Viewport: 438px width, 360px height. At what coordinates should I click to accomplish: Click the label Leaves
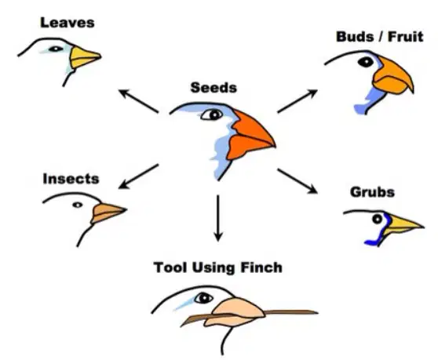[68, 23]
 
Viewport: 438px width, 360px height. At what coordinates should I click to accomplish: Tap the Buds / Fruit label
[380, 37]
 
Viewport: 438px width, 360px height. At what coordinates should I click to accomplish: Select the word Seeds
[214, 87]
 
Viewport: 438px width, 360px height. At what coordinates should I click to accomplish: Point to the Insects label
[71, 179]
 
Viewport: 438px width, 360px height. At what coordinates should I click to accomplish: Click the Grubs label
[372, 192]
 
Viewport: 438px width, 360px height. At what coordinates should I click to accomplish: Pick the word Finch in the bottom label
[261, 267]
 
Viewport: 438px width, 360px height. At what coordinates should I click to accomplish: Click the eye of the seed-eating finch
[211, 115]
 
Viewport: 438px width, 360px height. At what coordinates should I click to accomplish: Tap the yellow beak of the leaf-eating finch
[84, 57]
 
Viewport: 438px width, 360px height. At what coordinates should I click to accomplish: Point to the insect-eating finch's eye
[78, 205]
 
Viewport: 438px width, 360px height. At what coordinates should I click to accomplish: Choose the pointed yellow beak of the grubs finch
[402, 224]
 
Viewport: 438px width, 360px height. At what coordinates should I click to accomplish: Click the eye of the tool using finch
[203, 298]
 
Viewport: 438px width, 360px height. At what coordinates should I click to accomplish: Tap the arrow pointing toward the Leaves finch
[139, 100]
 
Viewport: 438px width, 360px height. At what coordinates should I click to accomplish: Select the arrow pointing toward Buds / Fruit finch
[297, 100]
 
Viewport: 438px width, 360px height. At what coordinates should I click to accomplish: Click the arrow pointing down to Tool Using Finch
[218, 218]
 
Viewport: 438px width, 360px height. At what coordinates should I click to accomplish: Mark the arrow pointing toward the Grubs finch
[297, 181]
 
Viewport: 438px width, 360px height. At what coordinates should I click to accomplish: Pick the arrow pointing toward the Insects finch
[139, 176]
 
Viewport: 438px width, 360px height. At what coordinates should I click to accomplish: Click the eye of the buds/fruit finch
[366, 62]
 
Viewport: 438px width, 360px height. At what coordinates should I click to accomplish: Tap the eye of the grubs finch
[377, 219]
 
